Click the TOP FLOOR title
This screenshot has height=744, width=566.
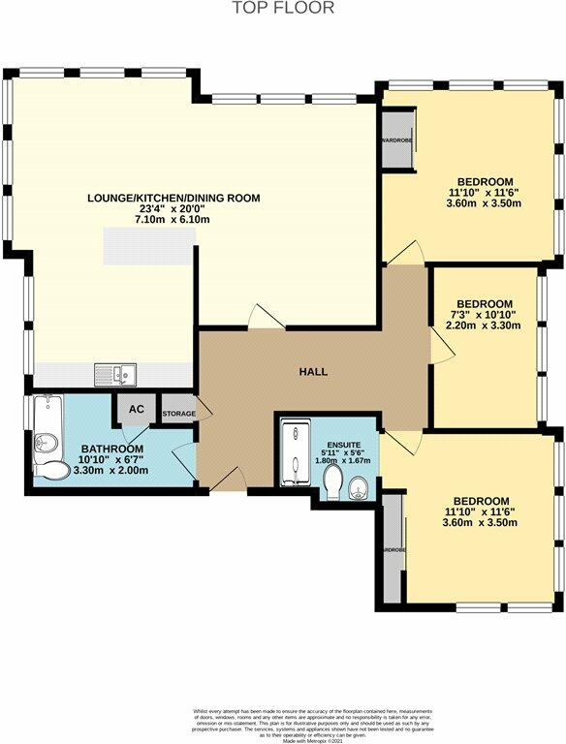point(283,9)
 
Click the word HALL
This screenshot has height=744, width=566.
point(312,372)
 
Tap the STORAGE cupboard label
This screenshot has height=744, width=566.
point(178,415)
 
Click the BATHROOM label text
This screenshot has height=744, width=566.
point(112,449)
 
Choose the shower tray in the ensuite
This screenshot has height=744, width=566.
point(294,454)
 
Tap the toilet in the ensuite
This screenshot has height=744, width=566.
point(333,481)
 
